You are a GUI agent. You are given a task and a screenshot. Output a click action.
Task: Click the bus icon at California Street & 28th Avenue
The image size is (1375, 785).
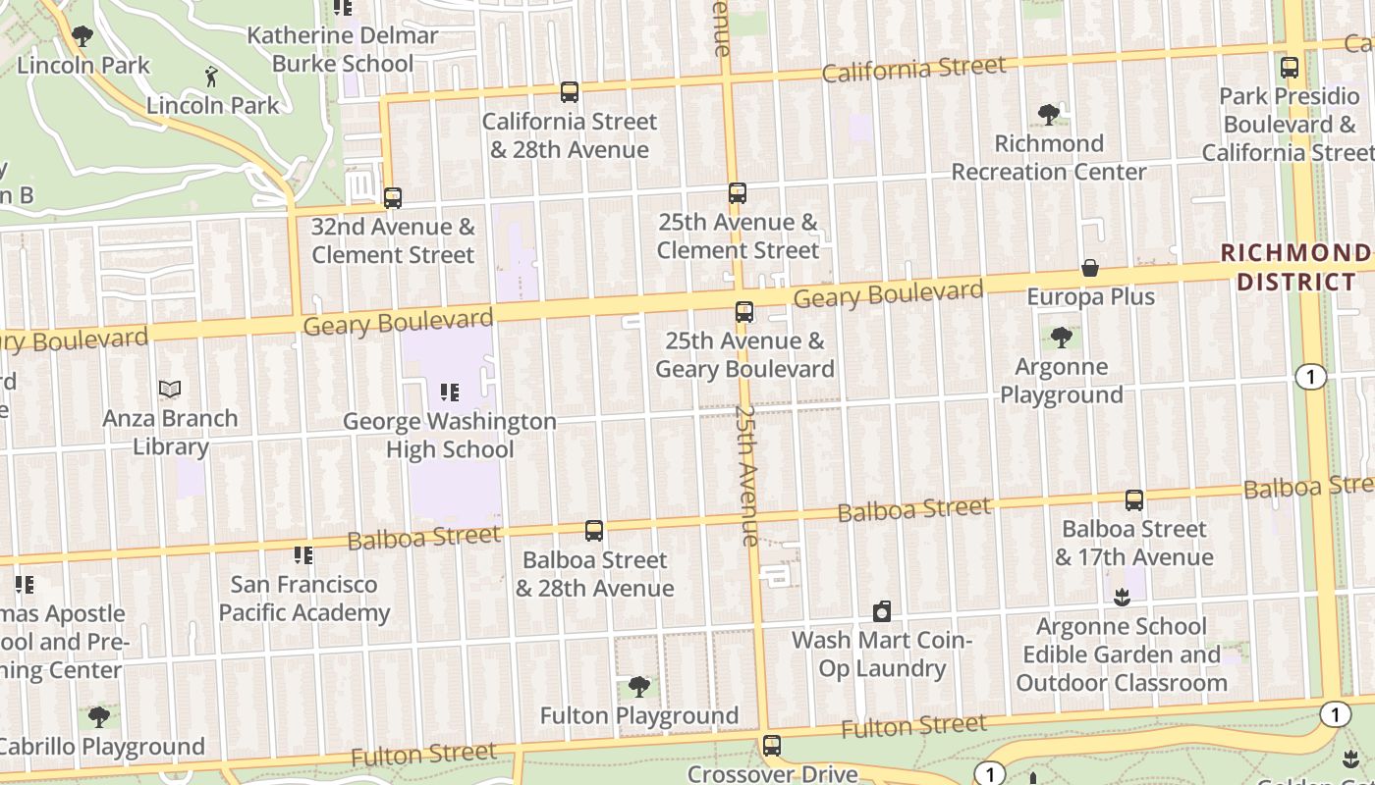click(570, 92)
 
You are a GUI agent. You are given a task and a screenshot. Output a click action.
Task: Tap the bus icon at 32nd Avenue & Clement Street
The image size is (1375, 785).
click(393, 198)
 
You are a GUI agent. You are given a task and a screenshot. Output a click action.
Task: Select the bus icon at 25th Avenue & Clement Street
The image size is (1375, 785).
click(738, 193)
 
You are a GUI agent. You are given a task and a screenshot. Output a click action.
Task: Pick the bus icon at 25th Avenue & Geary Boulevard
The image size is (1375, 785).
click(744, 312)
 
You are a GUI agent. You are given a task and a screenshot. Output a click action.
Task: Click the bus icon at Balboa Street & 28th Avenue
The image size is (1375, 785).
click(594, 531)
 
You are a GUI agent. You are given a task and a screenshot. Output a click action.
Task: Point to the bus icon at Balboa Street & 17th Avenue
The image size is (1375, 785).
click(1134, 500)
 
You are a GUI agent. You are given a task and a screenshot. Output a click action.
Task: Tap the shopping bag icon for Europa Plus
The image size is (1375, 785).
click(1090, 268)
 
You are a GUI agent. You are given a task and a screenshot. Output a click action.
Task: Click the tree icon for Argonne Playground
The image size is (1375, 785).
click(1061, 339)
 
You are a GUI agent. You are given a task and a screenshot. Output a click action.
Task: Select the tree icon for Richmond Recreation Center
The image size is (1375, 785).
click(1049, 115)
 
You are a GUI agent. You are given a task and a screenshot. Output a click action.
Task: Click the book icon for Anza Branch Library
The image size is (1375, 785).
click(170, 390)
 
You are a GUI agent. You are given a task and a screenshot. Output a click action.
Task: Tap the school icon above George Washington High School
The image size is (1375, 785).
click(450, 393)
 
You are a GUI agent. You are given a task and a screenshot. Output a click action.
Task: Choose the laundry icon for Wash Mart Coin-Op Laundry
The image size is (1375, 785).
click(882, 612)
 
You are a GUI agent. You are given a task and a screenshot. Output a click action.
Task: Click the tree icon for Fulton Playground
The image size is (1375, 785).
click(639, 686)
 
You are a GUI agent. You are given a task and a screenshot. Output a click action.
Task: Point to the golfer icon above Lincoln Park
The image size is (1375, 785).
click(211, 76)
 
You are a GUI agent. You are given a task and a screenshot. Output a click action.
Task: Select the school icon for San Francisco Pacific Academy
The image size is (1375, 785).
click(303, 556)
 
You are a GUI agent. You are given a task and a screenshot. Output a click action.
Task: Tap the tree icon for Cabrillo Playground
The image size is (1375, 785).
click(99, 717)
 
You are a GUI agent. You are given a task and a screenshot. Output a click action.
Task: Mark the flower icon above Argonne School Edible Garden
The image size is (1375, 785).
click(1122, 597)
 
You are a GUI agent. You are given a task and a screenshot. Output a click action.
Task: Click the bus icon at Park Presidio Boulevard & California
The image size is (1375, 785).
click(1290, 68)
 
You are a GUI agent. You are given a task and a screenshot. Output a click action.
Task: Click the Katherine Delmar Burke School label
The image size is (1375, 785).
click(343, 49)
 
